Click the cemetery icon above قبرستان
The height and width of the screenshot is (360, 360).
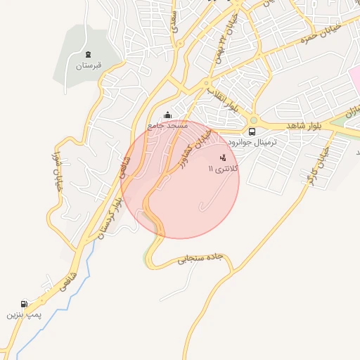point(88,55)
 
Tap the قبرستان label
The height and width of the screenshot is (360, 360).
point(89,66)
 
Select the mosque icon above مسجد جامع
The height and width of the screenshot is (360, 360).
point(167,115)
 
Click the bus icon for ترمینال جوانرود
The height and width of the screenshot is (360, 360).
point(252,131)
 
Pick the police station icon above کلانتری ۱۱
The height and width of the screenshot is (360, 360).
point(224,157)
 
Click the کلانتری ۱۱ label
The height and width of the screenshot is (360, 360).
point(224,169)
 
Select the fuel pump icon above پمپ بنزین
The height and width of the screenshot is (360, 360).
point(25,304)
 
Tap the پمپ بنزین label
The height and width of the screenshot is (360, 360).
point(25,316)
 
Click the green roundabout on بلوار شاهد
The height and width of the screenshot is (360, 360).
point(254,120)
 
